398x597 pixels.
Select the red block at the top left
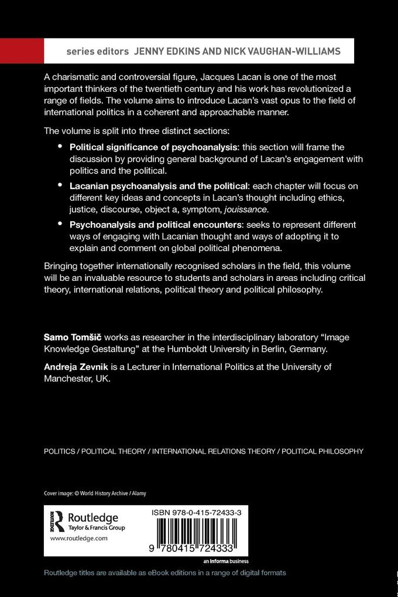tap(22, 51)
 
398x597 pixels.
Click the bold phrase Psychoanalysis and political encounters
tap(153, 225)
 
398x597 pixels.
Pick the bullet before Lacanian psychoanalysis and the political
tap(60, 185)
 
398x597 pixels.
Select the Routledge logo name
tap(93, 517)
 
